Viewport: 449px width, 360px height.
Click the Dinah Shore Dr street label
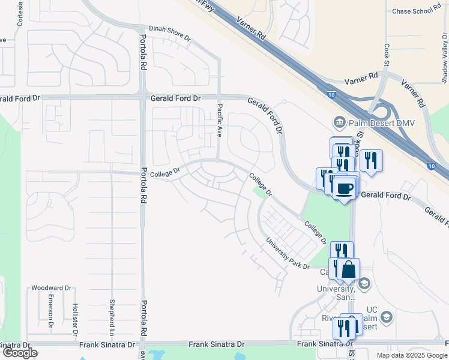[x=170, y=33]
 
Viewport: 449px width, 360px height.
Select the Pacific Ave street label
[x=220, y=120]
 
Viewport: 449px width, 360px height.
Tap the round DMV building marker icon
[x=340, y=123]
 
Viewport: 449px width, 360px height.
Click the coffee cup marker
[x=344, y=189]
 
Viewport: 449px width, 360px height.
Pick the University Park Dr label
[x=289, y=254]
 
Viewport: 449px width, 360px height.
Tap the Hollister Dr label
[x=76, y=311]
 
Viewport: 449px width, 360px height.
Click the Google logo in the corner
[x=19, y=353]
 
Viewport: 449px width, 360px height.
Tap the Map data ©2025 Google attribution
[x=412, y=355]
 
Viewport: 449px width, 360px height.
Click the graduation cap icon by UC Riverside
[x=387, y=316]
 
